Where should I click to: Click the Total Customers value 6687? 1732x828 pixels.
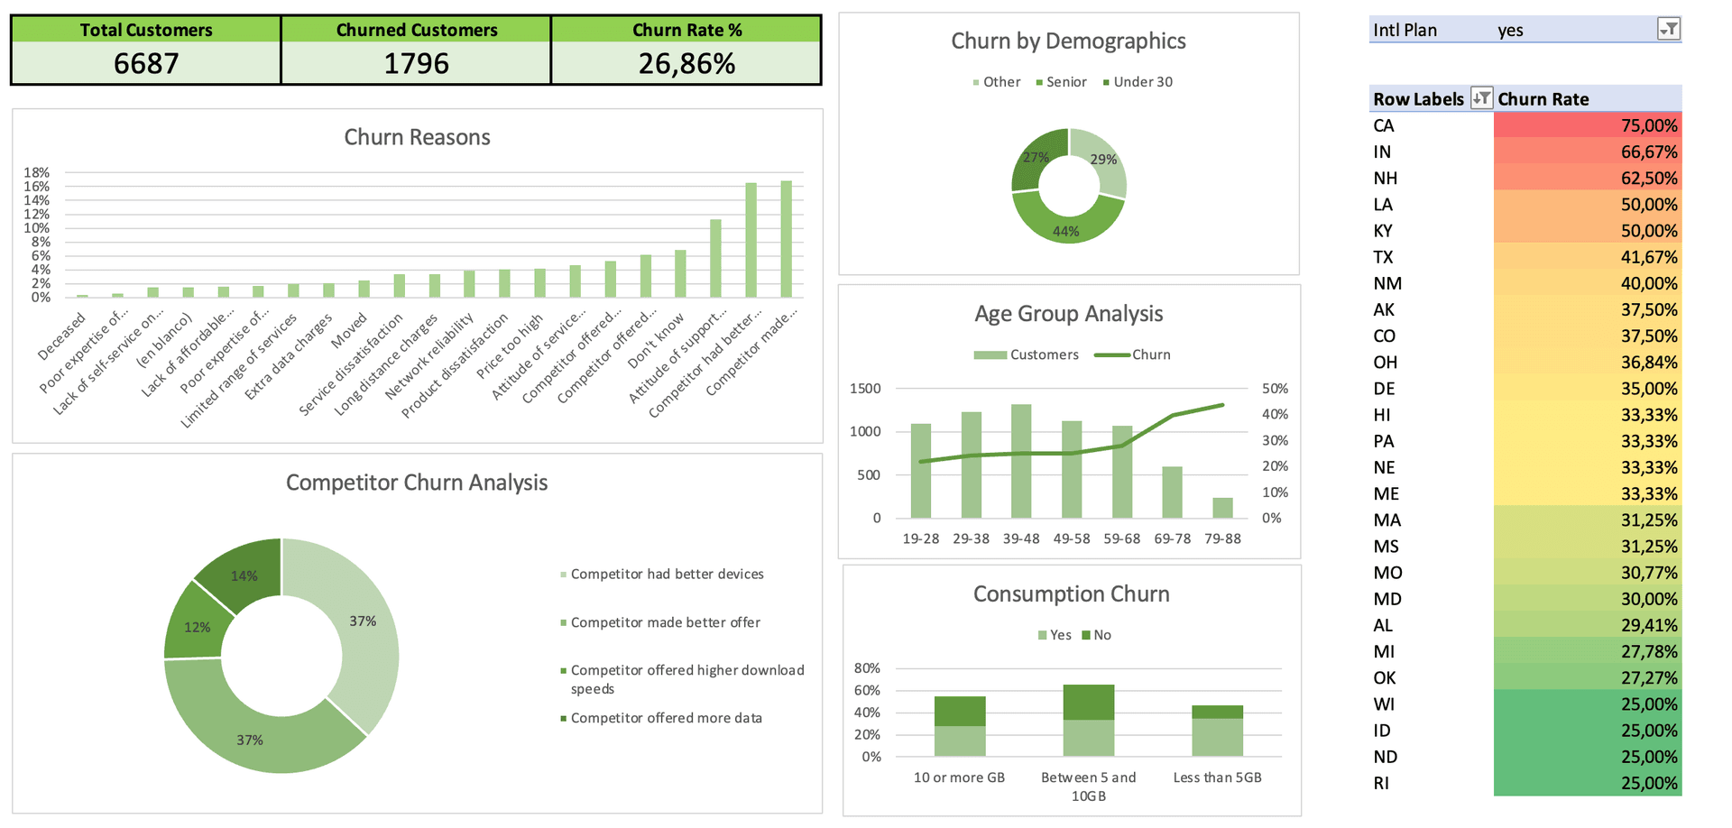[146, 63]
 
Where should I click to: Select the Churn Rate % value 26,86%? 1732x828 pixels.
[686, 63]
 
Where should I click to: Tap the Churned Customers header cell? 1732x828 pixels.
[416, 30]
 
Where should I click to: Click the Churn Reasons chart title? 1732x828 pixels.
[417, 137]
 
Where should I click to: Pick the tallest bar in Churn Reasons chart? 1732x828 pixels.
[786, 239]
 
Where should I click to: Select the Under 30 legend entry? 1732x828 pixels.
[1142, 82]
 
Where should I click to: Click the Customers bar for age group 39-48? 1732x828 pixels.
[1021, 461]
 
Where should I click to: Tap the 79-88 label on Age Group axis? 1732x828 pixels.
[1222, 538]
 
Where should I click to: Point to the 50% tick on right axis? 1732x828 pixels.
[1275, 389]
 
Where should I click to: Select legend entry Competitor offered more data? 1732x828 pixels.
[666, 718]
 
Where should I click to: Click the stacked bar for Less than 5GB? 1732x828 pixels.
[1217, 731]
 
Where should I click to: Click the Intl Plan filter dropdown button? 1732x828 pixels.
[1669, 30]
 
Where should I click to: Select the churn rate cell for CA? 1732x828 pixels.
[1587, 125]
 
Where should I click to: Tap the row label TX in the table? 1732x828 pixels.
[1383, 257]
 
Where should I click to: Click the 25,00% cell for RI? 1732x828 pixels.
[1587, 783]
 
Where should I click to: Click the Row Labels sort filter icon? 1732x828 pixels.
[1480, 98]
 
